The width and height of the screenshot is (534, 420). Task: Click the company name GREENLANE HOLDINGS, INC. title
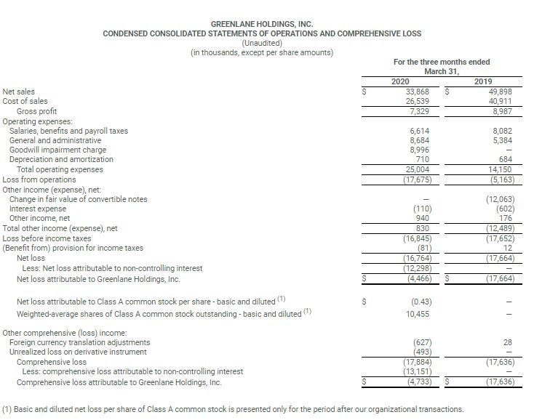pos(261,24)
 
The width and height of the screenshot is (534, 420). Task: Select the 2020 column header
pos(401,81)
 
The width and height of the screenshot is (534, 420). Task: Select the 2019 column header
pos(483,81)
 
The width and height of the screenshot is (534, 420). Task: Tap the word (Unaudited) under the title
pos(261,43)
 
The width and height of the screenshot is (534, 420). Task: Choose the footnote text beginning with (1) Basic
pos(233,408)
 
